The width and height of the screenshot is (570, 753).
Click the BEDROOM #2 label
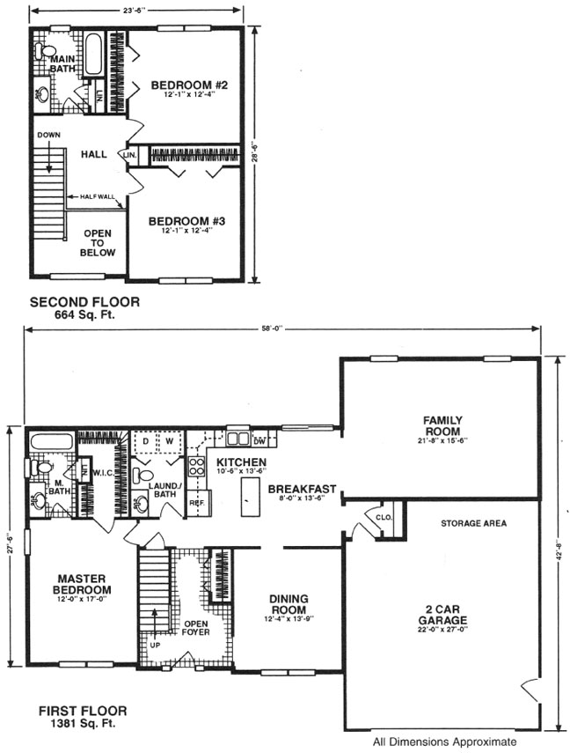(x=189, y=85)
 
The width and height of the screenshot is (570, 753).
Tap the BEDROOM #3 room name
(x=186, y=222)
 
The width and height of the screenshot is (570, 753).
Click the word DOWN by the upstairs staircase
(x=49, y=135)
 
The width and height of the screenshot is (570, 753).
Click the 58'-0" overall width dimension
(x=282, y=330)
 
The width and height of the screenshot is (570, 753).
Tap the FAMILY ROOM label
(x=442, y=425)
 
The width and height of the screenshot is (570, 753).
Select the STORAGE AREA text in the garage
(x=473, y=523)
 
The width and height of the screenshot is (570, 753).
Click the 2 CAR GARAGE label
(x=442, y=613)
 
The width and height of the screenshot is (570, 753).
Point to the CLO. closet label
(x=384, y=518)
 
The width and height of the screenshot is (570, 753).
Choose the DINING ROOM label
(x=289, y=604)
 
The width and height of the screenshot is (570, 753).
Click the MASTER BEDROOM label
(x=82, y=584)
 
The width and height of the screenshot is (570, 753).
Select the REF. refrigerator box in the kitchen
(x=196, y=502)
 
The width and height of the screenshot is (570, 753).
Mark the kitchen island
(x=248, y=499)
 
